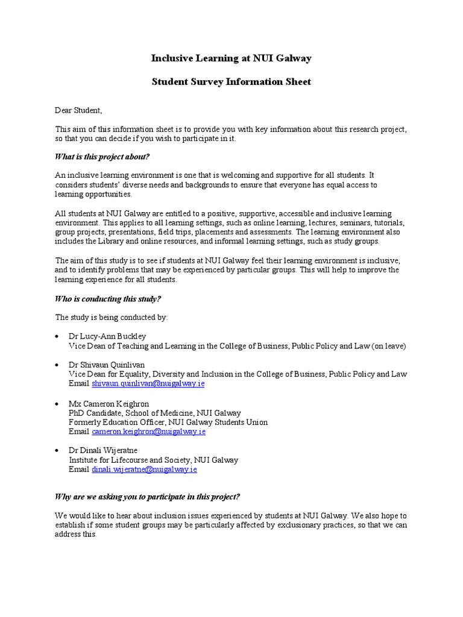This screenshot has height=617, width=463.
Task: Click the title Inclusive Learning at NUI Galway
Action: [x=231, y=58]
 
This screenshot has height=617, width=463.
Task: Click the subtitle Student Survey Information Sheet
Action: [x=231, y=81]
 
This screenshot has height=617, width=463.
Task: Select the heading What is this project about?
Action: [x=102, y=157]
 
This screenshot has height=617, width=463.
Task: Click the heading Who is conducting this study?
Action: [x=108, y=299]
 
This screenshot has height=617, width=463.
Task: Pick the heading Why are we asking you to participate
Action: [x=148, y=496]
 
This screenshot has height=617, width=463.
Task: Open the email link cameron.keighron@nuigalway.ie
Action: [x=149, y=431]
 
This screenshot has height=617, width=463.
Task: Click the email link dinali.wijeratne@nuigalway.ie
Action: [x=145, y=469]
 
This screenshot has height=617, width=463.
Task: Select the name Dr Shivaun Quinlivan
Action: [x=110, y=365]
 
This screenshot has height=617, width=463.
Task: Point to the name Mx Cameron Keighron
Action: [x=110, y=403]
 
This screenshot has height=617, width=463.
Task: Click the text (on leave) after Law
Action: [x=389, y=346]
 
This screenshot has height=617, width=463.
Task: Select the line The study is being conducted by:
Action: [x=112, y=317]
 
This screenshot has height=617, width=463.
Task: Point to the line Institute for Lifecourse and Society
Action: [x=154, y=460]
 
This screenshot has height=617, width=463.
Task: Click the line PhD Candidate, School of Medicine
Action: [x=155, y=413]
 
